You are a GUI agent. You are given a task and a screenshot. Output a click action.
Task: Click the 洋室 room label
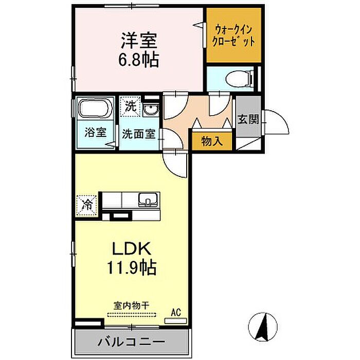tap(139, 41)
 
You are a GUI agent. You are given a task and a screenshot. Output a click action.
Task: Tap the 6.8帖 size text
tap(138, 60)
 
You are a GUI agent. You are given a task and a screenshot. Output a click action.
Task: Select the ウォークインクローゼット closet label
tap(233, 36)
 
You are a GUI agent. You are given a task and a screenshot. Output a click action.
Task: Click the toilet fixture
tap(239, 79)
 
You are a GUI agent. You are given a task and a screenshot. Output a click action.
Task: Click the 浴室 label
tap(95, 133)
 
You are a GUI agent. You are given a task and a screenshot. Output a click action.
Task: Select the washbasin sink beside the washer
tap(151, 109)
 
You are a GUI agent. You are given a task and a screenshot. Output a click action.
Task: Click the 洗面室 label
tap(139, 134)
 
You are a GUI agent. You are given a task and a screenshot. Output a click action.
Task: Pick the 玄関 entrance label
tap(248, 119)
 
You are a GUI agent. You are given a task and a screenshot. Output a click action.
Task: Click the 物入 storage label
tap(212, 141)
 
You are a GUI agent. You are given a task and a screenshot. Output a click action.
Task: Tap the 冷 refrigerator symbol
tap(87, 206)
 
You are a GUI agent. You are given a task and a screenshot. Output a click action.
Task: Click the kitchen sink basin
tap(148, 200)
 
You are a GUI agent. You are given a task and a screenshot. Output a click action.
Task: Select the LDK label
tap(132, 248)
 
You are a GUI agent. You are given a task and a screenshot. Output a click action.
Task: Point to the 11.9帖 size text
tap(132, 267)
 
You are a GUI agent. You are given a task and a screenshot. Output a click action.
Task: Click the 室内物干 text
tap(132, 306)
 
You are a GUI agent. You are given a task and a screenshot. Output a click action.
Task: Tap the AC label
tap(176, 313)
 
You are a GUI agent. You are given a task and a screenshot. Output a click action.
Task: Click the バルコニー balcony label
tap(132, 342)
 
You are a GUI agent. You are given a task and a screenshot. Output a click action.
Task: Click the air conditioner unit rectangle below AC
tap(176, 321)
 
